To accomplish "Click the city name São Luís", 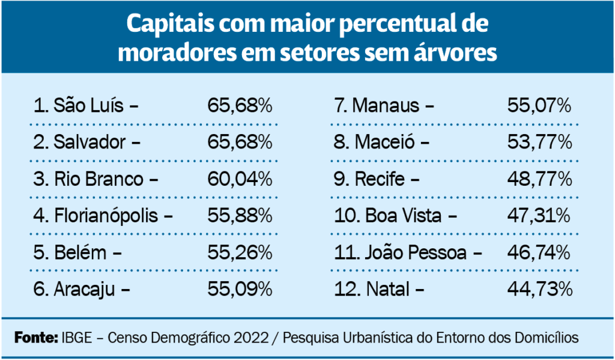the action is click(89, 106).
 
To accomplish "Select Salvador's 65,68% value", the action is click(240, 142).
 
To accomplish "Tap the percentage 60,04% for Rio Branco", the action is click(240, 179).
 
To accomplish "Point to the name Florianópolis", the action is click(106, 216).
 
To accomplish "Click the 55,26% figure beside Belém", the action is click(240, 253).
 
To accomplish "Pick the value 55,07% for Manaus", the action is click(539, 106).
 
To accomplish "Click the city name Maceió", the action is click(384, 142).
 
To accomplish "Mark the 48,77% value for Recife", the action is click(539, 179).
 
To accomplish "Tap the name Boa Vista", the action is click(403, 216).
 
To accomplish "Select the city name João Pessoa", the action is click(416, 253).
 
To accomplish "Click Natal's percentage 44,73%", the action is click(539, 290).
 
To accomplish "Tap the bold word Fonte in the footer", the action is click(36, 338).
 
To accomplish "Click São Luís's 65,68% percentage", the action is click(240, 106).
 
